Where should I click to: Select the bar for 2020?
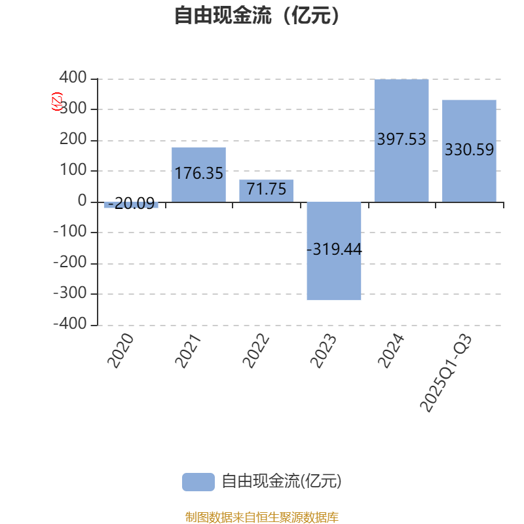(131, 205)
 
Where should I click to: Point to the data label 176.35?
(198, 174)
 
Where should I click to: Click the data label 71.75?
(266, 190)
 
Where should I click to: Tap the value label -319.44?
(334, 250)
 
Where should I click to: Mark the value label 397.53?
(402, 140)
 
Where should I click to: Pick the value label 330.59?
(469, 150)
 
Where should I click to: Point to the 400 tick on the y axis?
(72, 79)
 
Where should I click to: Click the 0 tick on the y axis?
(83, 201)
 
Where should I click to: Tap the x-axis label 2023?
(324, 350)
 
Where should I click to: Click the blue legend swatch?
(198, 481)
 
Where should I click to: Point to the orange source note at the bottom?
(262, 517)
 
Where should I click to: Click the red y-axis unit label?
(57, 102)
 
